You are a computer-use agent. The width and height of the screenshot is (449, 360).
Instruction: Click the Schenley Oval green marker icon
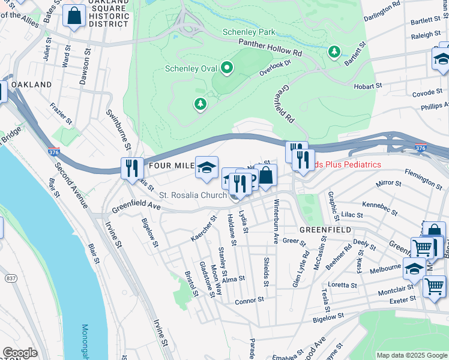[226, 68]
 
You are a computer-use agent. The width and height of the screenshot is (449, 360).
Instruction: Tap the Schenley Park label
[248, 32]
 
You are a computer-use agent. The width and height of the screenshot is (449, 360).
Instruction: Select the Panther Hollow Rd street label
[270, 47]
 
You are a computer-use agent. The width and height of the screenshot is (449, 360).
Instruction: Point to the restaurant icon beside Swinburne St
[131, 169]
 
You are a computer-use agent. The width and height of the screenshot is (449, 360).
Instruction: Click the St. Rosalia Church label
[192, 196]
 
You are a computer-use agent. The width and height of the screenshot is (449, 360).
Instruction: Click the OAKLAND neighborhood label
[31, 85]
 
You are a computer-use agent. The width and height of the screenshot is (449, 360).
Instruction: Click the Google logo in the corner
[20, 353]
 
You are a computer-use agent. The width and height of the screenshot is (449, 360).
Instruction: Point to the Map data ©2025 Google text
[411, 355]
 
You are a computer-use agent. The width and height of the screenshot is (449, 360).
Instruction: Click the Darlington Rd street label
[382, 10]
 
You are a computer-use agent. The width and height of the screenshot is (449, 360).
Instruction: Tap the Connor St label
[249, 300]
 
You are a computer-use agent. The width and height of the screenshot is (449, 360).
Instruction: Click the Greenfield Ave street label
[135, 207]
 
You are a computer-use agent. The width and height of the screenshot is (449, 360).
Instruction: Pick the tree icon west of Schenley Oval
[200, 104]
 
